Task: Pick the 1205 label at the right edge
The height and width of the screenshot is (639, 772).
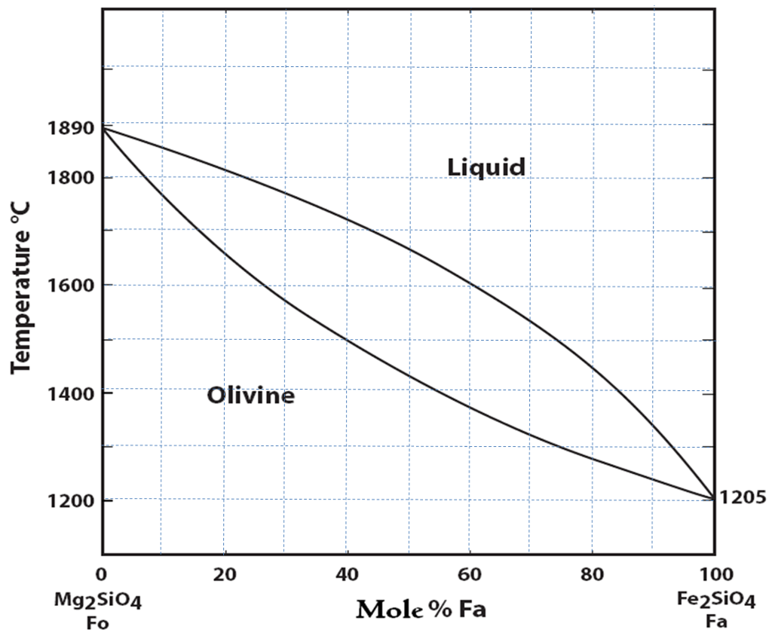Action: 742,497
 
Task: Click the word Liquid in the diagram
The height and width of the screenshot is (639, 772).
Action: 486,167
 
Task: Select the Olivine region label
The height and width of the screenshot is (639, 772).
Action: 250,395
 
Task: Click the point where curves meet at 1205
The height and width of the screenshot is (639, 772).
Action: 713,498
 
